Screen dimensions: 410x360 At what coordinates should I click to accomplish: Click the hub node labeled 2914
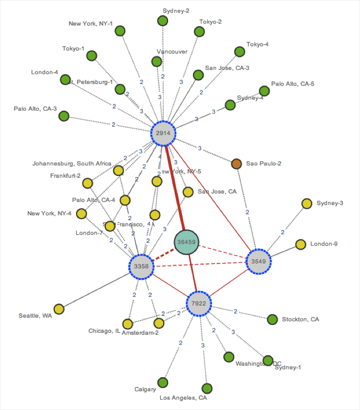coord(164,133)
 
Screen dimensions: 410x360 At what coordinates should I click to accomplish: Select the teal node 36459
coord(186,242)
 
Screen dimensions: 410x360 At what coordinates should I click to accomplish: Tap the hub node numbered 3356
coord(141,266)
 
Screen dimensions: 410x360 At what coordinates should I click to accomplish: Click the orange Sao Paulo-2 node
coord(236,164)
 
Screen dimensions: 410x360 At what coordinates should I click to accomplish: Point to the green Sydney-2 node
coord(163,21)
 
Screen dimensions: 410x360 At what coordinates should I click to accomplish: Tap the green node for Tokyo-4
coord(239,51)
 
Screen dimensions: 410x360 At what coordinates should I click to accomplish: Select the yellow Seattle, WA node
coord(59,309)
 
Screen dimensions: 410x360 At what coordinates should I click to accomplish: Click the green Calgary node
coord(163,382)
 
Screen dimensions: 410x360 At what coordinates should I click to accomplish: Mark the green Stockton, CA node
coord(272,319)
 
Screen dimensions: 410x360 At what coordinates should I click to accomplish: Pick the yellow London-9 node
coord(301,244)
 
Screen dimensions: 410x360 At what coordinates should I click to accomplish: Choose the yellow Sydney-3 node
coord(307,203)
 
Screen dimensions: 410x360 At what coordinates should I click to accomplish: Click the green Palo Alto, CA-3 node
coord(64,116)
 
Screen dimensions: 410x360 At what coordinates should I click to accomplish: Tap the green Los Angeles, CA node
coord(207,388)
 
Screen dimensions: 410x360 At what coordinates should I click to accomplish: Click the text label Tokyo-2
coord(210,22)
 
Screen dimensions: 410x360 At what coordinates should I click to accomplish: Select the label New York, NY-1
coord(90,23)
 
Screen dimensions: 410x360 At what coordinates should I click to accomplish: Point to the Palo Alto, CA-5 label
coord(293,83)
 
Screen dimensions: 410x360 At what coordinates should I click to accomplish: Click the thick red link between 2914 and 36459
coord(174,185)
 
